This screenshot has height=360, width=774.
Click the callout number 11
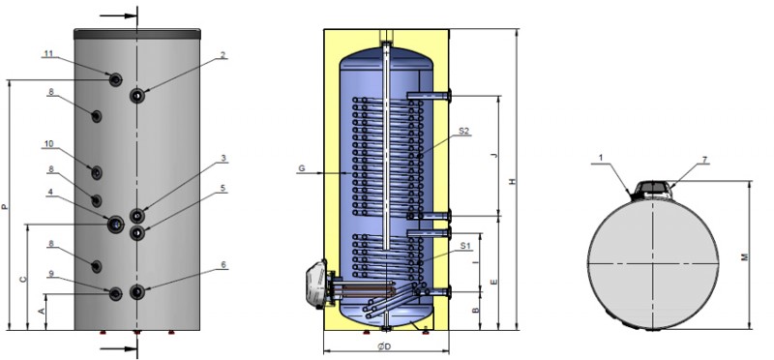point(47,53)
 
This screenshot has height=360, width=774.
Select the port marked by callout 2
point(137,95)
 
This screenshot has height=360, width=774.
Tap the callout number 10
point(48,143)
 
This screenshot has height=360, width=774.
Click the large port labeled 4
point(115,225)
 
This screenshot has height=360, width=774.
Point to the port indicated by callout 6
point(137,292)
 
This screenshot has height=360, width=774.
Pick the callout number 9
point(51,273)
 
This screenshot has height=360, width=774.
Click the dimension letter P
point(5,206)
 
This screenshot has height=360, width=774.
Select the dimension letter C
point(22,280)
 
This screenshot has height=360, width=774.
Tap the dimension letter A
point(42,311)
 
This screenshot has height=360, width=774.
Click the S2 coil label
point(463,131)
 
